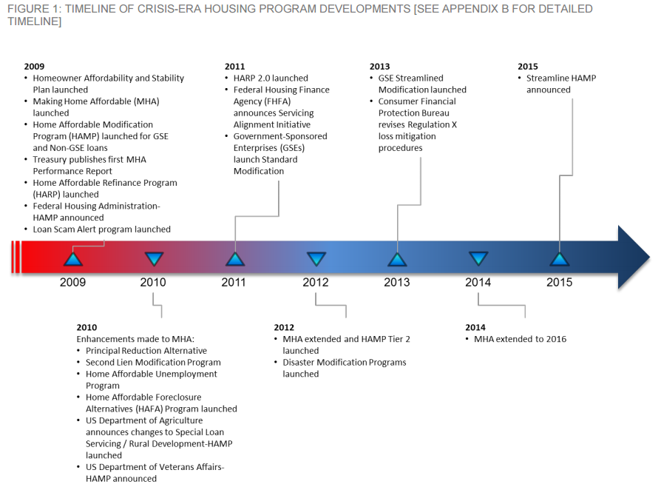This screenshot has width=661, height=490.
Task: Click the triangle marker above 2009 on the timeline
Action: (x=73, y=259)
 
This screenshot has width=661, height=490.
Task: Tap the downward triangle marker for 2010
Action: (x=154, y=258)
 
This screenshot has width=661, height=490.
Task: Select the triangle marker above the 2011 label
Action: (x=235, y=259)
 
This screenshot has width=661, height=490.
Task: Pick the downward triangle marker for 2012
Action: (x=316, y=258)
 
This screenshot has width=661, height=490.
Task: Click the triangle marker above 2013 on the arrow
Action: (x=397, y=259)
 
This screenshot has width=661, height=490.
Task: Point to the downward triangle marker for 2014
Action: (x=478, y=258)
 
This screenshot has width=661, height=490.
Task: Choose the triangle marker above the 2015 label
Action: (x=560, y=259)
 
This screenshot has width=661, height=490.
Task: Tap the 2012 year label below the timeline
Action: (x=315, y=282)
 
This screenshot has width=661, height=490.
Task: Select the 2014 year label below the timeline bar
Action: (x=478, y=282)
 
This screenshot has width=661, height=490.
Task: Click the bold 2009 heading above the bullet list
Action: (x=34, y=67)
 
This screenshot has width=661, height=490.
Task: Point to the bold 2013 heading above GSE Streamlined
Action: (x=380, y=67)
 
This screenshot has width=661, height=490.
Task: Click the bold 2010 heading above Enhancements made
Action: (x=87, y=327)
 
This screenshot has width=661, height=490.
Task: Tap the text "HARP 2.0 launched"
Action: (x=271, y=78)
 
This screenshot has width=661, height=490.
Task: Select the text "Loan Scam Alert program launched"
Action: (x=102, y=229)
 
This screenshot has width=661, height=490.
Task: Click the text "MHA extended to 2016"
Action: (x=521, y=339)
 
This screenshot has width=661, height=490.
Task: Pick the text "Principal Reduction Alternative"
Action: (x=146, y=351)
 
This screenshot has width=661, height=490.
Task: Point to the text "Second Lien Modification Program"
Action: (x=154, y=362)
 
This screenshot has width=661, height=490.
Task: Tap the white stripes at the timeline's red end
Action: (x=16, y=257)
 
